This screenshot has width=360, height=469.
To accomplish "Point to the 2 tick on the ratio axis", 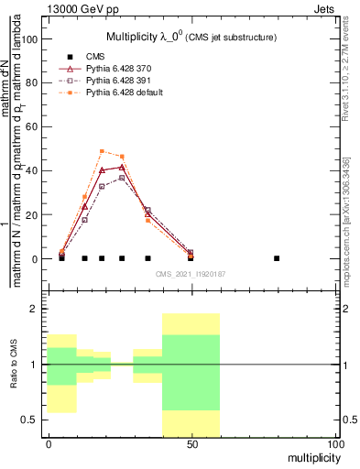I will (x=34, y=309).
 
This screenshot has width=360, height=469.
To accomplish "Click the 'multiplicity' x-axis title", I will (x=311, y=456).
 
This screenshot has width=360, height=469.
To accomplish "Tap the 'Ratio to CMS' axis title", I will (x=14, y=365).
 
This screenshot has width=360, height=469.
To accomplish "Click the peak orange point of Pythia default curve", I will (x=102, y=151).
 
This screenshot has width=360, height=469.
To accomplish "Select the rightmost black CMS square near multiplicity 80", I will (x=277, y=258).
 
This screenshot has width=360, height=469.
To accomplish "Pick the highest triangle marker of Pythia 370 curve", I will (x=122, y=167).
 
